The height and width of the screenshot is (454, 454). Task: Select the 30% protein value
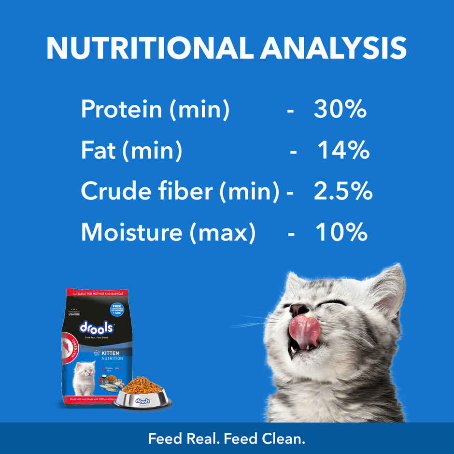tap(340, 109)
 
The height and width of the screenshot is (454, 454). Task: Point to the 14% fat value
tap(343, 151)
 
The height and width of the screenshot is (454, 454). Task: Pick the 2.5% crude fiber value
tap(343, 192)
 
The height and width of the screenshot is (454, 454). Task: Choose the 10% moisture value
tap(341, 232)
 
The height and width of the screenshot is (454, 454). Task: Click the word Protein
tap(121, 109)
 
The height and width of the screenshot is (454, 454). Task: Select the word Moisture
tap(131, 232)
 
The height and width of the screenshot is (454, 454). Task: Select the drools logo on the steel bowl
tap(142, 401)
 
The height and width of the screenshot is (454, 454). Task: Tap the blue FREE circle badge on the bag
tap(116, 309)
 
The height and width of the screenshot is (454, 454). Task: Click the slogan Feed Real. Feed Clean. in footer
tap(227, 439)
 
